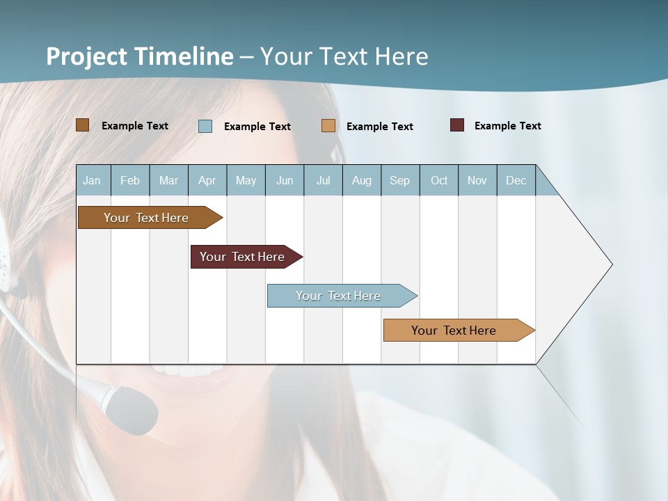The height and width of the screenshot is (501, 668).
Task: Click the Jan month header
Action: pyautogui.click(x=92, y=180)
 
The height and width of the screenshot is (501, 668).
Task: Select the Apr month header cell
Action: pyautogui.click(x=207, y=180)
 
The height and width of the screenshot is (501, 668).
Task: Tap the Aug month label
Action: pyautogui.click(x=361, y=180)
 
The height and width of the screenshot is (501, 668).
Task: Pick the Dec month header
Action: pyautogui.click(x=516, y=180)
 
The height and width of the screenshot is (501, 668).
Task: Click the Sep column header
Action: pyautogui.click(x=399, y=180)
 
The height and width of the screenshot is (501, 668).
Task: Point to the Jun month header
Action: pyautogui.click(x=284, y=180)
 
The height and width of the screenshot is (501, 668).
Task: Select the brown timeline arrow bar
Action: pyautogui.click(x=146, y=218)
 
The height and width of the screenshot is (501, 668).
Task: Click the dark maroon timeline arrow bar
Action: pyautogui.click(x=242, y=257)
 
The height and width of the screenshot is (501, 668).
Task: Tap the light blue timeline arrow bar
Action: pyautogui.click(x=338, y=296)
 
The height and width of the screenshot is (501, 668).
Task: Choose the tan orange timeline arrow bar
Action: pyautogui.click(x=454, y=331)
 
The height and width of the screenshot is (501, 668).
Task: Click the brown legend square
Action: pyautogui.click(x=82, y=125)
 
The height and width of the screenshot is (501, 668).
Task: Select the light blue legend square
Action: pyautogui.click(x=205, y=126)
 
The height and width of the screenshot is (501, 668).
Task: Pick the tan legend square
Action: pyautogui.click(x=328, y=126)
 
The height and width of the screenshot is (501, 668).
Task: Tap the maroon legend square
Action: pyautogui.click(x=457, y=125)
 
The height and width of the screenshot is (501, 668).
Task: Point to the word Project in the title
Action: pyautogui.click(x=86, y=56)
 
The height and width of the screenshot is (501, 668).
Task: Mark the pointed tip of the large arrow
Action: pyautogui.click(x=611, y=264)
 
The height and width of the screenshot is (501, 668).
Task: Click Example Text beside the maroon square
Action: pyautogui.click(x=507, y=125)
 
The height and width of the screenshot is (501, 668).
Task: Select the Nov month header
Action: pyautogui.click(x=477, y=180)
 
